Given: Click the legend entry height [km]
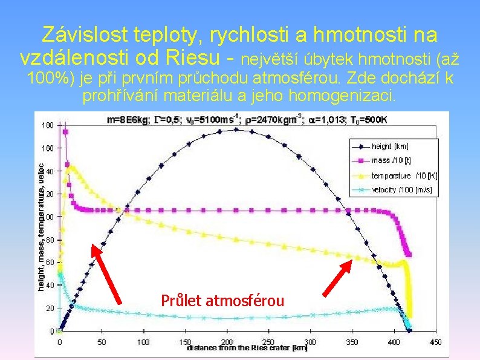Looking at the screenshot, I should point(390,146).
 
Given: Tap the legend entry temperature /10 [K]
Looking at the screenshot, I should point(404,175).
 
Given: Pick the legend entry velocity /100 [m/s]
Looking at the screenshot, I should point(401,190).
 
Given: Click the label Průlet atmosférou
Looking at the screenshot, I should point(222,300).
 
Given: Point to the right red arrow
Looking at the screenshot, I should point(337,278).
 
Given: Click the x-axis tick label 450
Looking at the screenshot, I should point(435,342).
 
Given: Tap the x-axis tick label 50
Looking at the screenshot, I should point(101,342).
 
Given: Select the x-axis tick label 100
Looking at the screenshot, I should point(143,342).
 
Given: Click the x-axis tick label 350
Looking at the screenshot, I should point(352,342).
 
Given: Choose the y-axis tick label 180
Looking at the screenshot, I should point(48,125).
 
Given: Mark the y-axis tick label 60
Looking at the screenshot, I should point(50,263).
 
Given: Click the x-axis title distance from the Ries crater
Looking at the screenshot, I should point(239,349).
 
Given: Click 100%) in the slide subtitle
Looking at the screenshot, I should point(49,79).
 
